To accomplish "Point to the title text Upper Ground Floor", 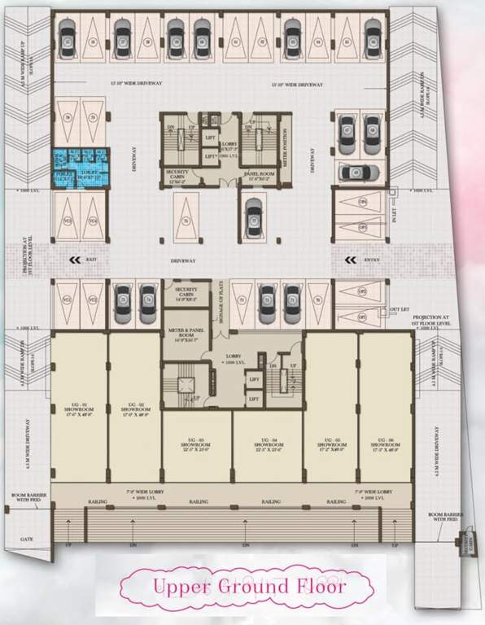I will coord(242,585).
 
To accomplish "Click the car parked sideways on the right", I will coord(357,173).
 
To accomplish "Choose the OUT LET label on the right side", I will coord(398,309).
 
